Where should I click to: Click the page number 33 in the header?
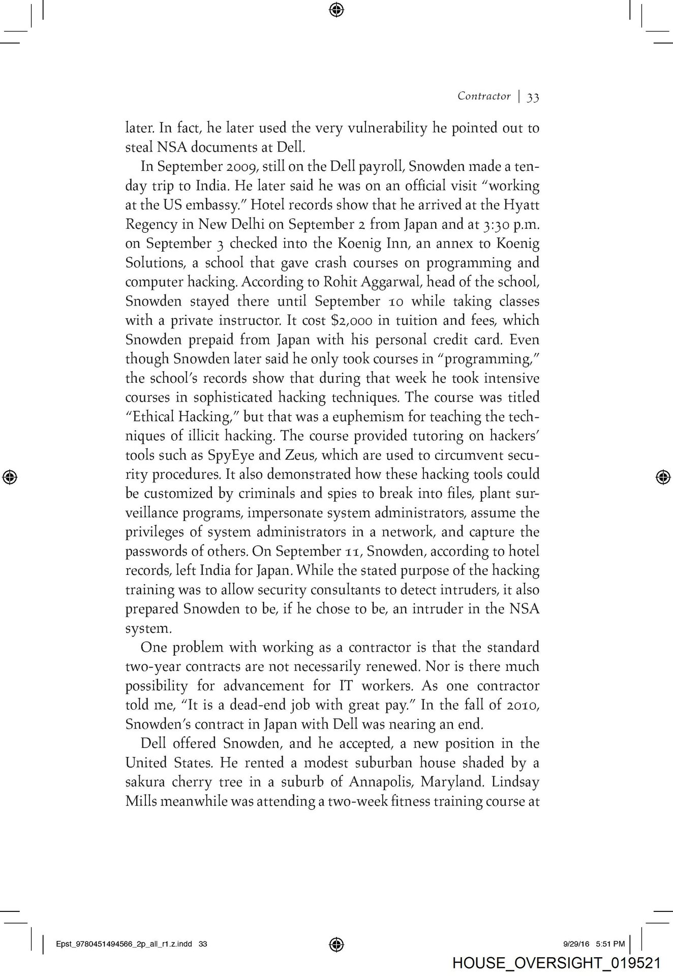pos(533,97)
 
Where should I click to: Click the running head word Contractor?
pos(483,96)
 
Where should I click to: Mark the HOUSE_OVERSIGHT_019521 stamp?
pos(556,963)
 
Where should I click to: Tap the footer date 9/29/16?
pos(576,944)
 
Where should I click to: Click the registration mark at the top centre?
pos(336,9)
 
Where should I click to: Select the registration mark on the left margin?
pos(10,477)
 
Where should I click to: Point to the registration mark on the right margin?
pos(662,477)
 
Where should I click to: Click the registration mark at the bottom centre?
pos(336,944)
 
